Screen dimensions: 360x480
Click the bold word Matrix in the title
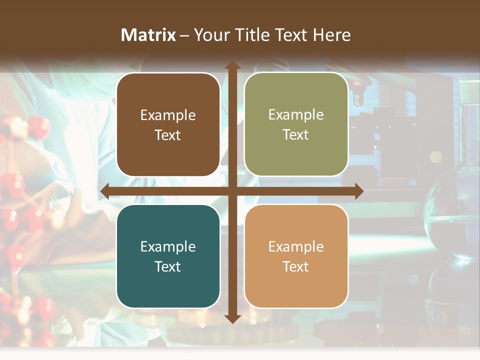point(148,35)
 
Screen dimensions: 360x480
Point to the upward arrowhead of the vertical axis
point(232,65)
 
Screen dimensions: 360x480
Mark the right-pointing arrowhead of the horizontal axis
point(358,191)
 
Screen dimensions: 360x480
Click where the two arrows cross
point(232,191)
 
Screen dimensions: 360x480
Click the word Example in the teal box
point(168,247)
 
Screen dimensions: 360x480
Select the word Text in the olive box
point(296,135)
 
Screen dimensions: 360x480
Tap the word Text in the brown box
point(168,135)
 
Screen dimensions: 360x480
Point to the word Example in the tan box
point(296,247)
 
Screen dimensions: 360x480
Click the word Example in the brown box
point(168,115)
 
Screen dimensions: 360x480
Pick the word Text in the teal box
point(168,267)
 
